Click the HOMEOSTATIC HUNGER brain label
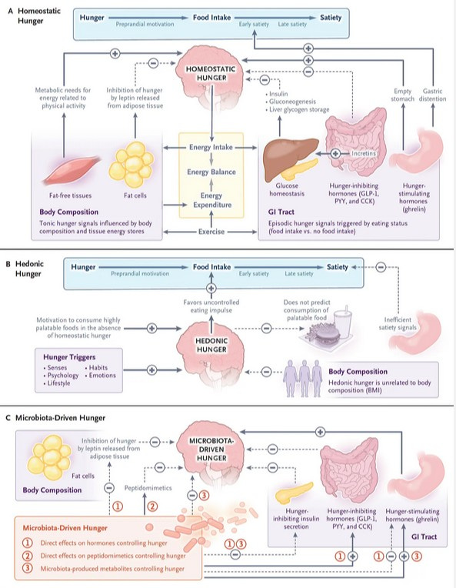pos(211,74)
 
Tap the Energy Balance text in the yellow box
pos(211,172)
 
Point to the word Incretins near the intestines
pos(363,153)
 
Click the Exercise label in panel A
pos(211,232)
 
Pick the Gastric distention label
pos(432,95)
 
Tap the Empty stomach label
pos(402,95)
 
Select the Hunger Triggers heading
pos(69,357)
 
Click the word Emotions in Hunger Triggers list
pos(102,375)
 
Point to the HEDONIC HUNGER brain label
pos(211,345)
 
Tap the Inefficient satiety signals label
pos(398,323)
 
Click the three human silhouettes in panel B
pos(304,379)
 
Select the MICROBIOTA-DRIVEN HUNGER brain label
pos(211,449)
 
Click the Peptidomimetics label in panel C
pos(148,488)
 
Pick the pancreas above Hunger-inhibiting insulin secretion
pos(295,493)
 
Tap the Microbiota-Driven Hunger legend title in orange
pos(65,528)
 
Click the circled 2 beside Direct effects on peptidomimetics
pos(28,556)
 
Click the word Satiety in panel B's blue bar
pos(338,267)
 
